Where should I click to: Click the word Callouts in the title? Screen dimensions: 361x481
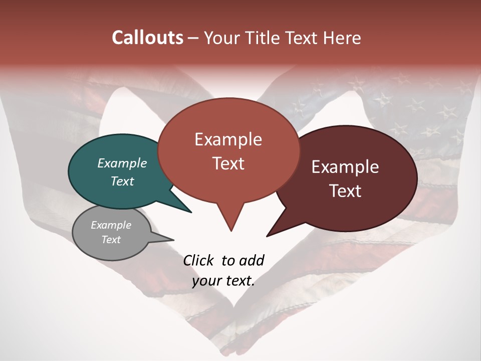tap(147, 38)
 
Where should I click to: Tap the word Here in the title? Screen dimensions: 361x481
tap(343, 38)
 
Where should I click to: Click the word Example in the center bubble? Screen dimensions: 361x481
tap(228, 139)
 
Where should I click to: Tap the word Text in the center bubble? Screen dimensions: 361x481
tap(228, 163)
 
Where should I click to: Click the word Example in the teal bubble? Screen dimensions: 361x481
tap(122, 163)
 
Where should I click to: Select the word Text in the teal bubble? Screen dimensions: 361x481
tap(122, 181)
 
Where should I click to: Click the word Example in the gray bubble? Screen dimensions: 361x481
tap(111, 225)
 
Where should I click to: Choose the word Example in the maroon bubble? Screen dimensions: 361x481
tap(345, 167)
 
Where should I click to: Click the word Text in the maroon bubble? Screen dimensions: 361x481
tap(345, 191)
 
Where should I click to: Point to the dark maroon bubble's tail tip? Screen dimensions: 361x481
tap(268, 236)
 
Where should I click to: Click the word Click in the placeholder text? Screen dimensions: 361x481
tap(199, 260)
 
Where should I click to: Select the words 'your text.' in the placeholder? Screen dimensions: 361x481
tap(223, 281)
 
